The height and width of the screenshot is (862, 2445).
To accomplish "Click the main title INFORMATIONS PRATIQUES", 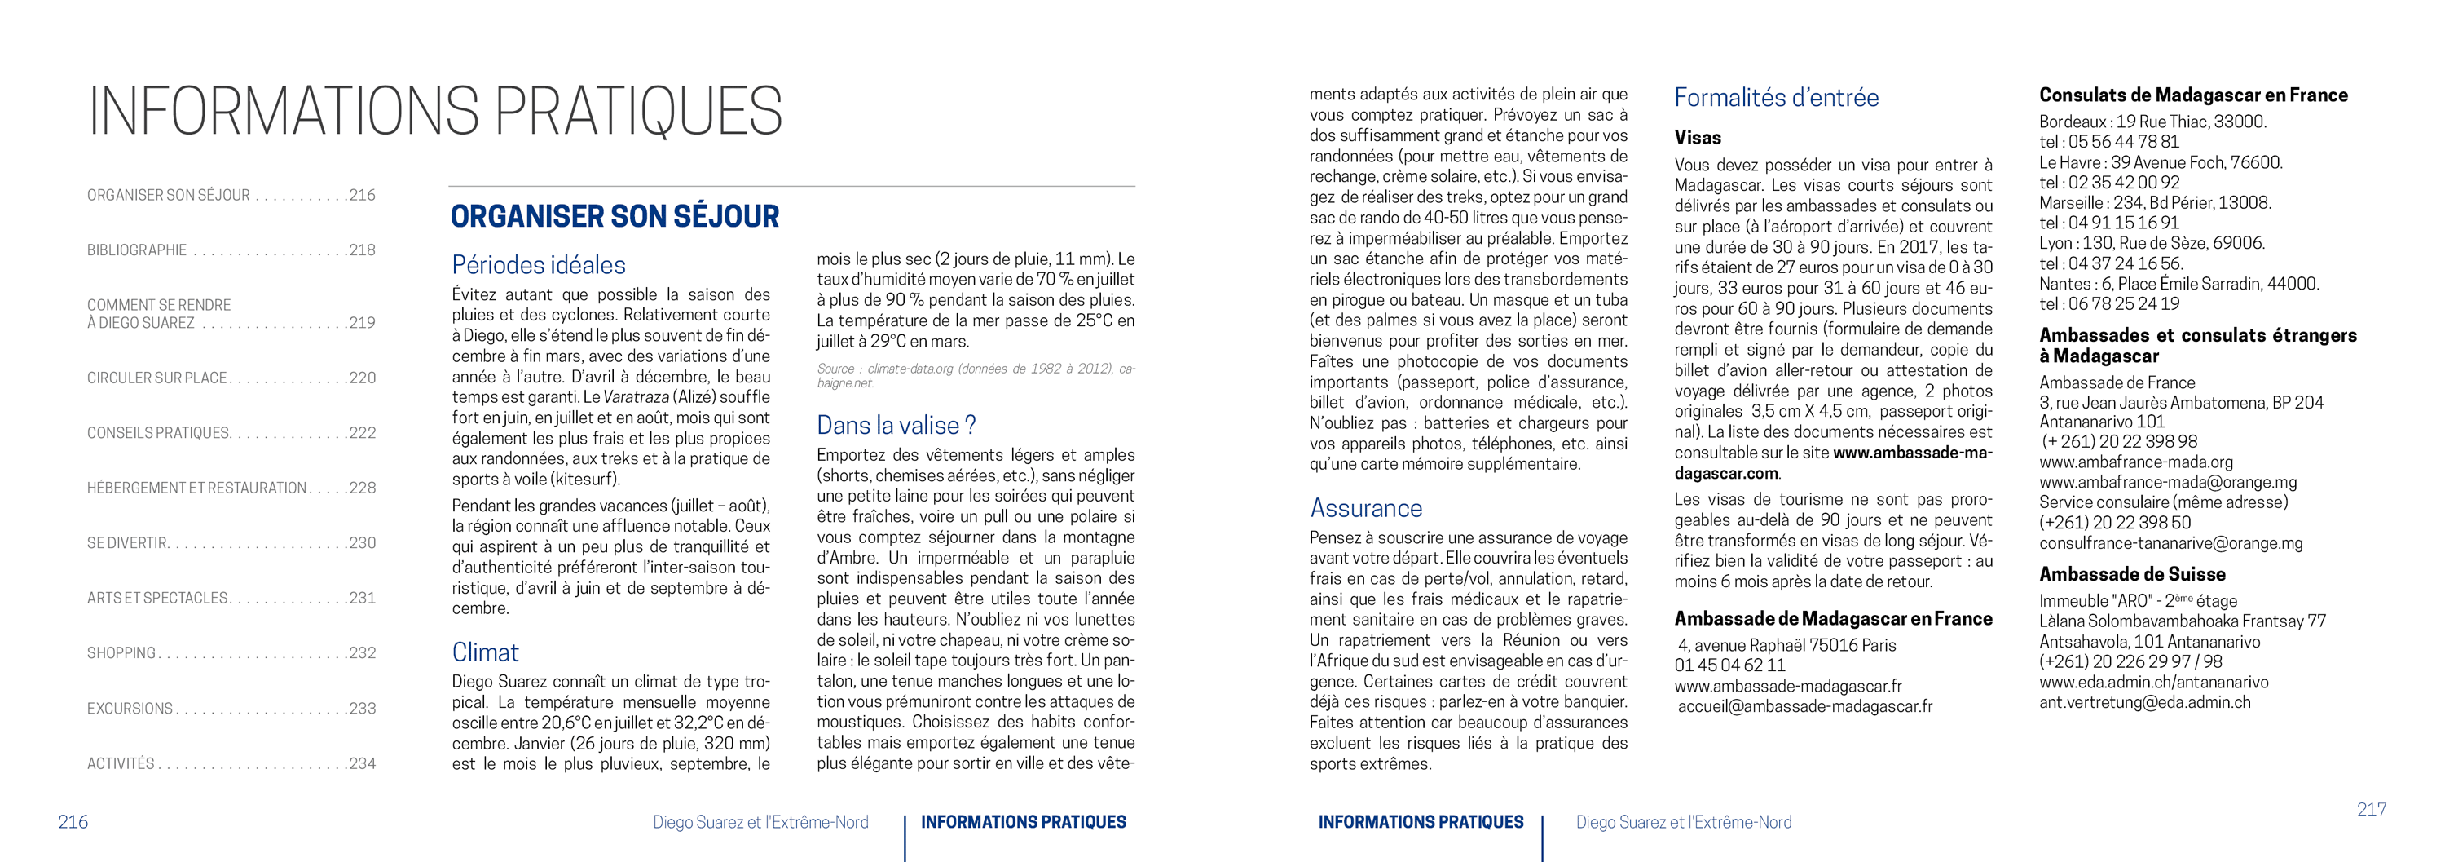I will click(434, 111).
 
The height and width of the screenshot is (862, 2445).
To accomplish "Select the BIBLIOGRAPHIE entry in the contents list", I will click(137, 250).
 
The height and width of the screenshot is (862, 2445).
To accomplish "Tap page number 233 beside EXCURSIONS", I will click(362, 708).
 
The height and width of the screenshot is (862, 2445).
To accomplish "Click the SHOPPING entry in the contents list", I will click(121, 653).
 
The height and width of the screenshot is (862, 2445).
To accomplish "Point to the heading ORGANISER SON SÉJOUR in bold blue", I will click(614, 216).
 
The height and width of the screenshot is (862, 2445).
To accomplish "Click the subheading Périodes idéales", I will click(538, 265).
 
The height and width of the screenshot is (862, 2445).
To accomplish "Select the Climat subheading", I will click(485, 652).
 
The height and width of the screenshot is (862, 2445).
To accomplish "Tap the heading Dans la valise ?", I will click(896, 426).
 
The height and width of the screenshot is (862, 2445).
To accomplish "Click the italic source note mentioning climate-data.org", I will click(975, 375).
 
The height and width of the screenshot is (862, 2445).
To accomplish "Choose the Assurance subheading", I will click(1366, 508).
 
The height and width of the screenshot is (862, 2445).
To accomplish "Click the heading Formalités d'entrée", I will click(1776, 98).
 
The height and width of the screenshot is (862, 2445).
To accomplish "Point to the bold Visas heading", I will click(1697, 138).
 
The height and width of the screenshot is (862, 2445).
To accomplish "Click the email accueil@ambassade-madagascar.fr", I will click(1804, 706).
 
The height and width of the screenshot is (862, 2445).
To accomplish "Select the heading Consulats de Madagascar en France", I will click(2192, 95).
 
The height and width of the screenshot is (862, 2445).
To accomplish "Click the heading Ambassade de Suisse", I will click(2132, 574).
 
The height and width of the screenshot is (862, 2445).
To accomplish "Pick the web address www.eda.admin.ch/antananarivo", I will click(2153, 682).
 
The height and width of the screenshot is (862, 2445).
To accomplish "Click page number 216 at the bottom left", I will click(73, 822).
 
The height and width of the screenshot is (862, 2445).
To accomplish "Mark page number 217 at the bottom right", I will click(2371, 810).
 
